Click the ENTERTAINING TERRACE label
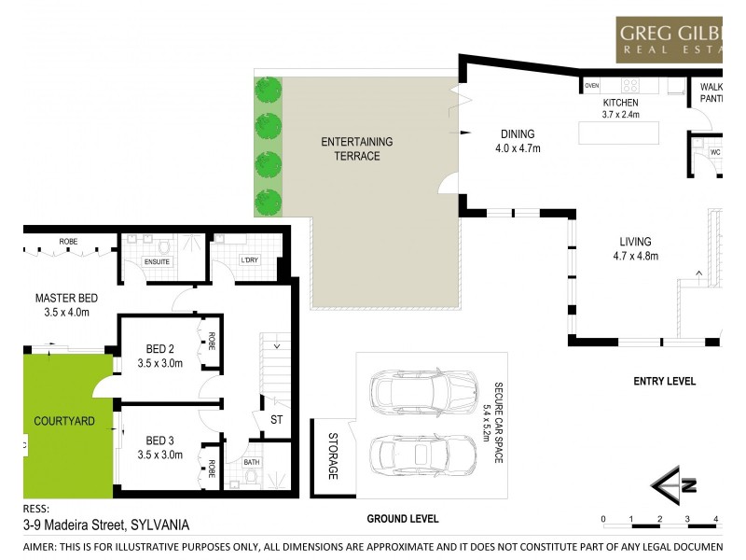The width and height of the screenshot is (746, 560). tap(357, 149)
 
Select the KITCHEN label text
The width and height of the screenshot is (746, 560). tap(619, 103)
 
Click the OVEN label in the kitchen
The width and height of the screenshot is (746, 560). tap(592, 86)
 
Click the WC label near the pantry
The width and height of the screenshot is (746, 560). tap(715, 152)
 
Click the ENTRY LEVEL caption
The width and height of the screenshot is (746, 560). tap(664, 381)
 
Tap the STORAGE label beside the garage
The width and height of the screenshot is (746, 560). tap(332, 455)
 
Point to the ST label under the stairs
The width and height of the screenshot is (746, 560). tap(277, 420)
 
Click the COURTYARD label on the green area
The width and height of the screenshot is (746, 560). tap(64, 421)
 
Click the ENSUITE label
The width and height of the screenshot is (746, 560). tap(157, 262)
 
